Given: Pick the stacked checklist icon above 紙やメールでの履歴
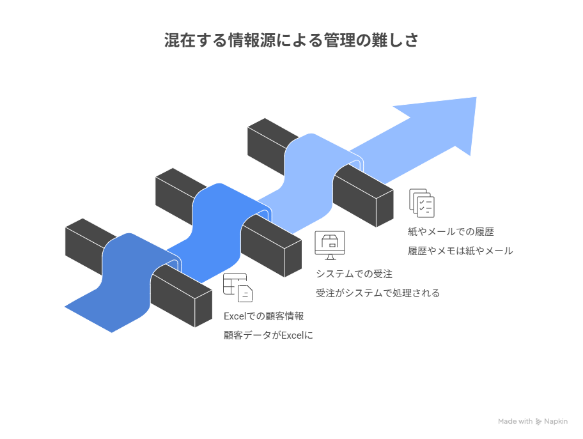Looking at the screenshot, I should click(422, 203).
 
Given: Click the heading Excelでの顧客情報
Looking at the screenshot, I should click(263, 316).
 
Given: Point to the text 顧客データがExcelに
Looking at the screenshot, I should click(268, 335).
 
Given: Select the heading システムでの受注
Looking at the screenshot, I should click(354, 274).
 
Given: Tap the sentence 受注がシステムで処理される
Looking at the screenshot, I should click(378, 293).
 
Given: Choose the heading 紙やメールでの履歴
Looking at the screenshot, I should click(451, 232).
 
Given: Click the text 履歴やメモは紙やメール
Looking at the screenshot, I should click(460, 251).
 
